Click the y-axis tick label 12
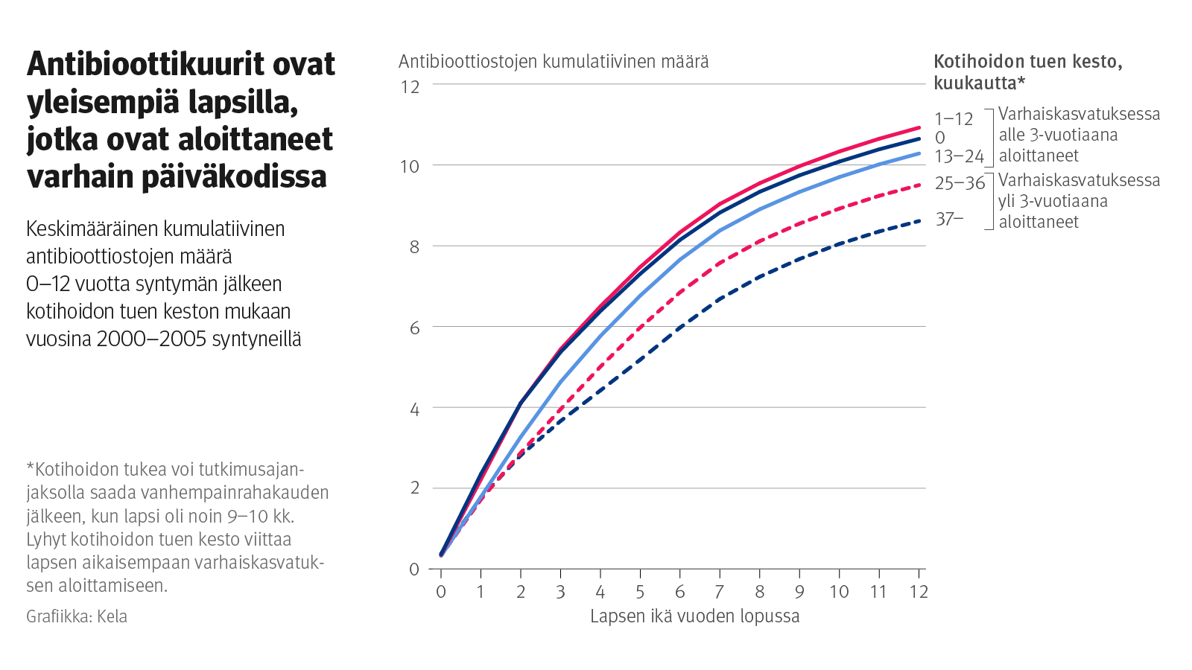point(410,86)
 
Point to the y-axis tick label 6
point(414,328)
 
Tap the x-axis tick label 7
point(720,592)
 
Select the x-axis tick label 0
point(441,592)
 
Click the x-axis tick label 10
point(839,592)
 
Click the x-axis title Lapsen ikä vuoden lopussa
point(694,616)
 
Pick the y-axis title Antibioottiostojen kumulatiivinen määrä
point(554,61)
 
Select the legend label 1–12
point(954,119)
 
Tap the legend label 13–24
point(959,156)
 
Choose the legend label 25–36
point(960,183)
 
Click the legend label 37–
point(949,219)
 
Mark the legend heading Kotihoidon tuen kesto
point(1027,62)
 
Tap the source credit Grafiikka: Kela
point(77,616)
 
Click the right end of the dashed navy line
point(919,221)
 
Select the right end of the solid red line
point(919,127)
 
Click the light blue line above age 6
point(680,260)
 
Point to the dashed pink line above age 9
point(799,223)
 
